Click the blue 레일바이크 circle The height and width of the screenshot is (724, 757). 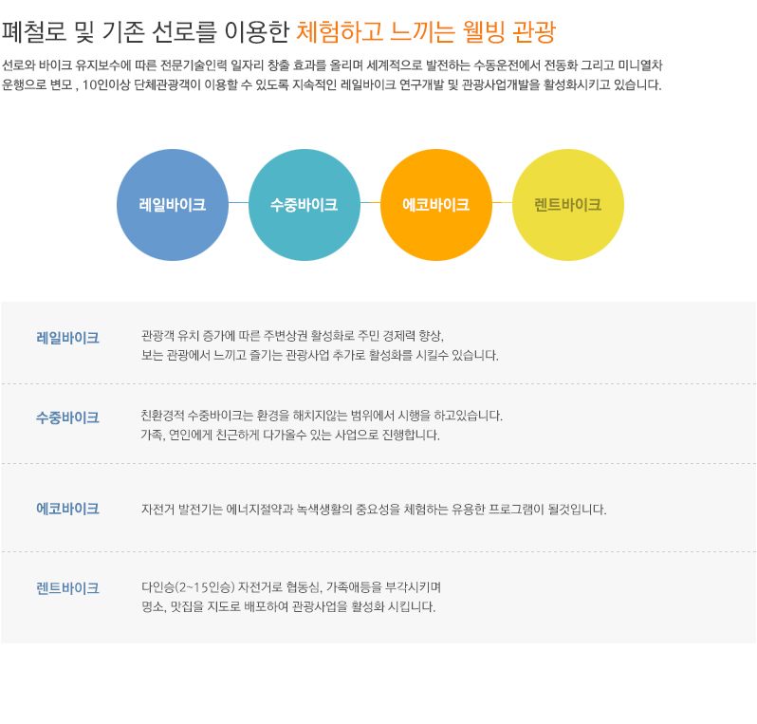pos(173,205)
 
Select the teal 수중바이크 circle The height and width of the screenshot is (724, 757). pos(305,205)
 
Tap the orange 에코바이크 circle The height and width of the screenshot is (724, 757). pos(436,205)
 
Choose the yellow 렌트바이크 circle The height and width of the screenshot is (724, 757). pos(567,205)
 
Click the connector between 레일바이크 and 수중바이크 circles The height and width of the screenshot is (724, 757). pos(238,202)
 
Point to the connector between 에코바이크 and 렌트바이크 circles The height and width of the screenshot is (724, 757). pos(502,202)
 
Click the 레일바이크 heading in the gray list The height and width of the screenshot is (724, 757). pos(67,338)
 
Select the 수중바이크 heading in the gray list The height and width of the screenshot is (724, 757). pos(67,418)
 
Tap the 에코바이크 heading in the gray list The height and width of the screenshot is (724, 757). pos(67,509)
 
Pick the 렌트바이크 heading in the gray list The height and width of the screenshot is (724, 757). pos(67,588)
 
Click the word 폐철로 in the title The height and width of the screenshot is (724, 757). pos(34,31)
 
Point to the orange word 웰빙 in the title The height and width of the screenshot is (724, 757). pos(483,31)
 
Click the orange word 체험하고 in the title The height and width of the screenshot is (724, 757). pos(340,31)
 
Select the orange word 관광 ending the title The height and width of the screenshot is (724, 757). pos(534,31)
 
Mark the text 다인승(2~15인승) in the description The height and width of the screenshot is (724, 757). pos(188,587)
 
